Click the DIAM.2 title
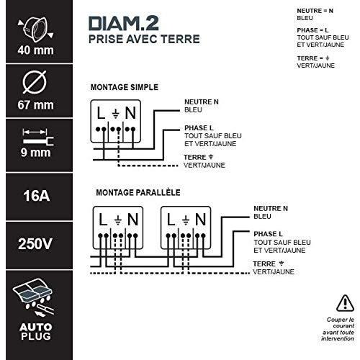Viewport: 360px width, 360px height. pos(124,23)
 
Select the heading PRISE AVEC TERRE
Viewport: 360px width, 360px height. pos(144,39)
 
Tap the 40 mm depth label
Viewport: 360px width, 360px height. pos(36,50)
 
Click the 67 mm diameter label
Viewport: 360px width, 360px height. pos(36,105)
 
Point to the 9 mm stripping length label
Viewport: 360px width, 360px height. pos(36,153)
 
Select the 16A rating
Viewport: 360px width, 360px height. pos(37,196)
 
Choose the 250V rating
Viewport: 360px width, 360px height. pos(35,244)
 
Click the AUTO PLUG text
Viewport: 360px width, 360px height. pos(36,332)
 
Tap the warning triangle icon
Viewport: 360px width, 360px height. pos(345,303)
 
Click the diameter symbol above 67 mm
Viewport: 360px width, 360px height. pos(35,82)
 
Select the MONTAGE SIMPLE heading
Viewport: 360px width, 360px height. pos(125,87)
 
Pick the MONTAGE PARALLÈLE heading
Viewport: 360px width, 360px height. pos(138,192)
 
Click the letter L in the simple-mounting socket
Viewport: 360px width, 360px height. pos(101,113)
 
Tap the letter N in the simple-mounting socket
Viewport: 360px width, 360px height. pos(130,113)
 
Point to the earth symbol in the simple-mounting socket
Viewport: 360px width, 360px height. pos(116,114)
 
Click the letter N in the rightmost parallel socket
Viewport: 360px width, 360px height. pos(201,220)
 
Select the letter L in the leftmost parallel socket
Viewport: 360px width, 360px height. pos(103,220)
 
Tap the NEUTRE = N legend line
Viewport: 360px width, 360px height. pos(315,11)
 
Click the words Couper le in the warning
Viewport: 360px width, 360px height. pos(341,320)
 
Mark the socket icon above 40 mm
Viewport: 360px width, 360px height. pos(35,30)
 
